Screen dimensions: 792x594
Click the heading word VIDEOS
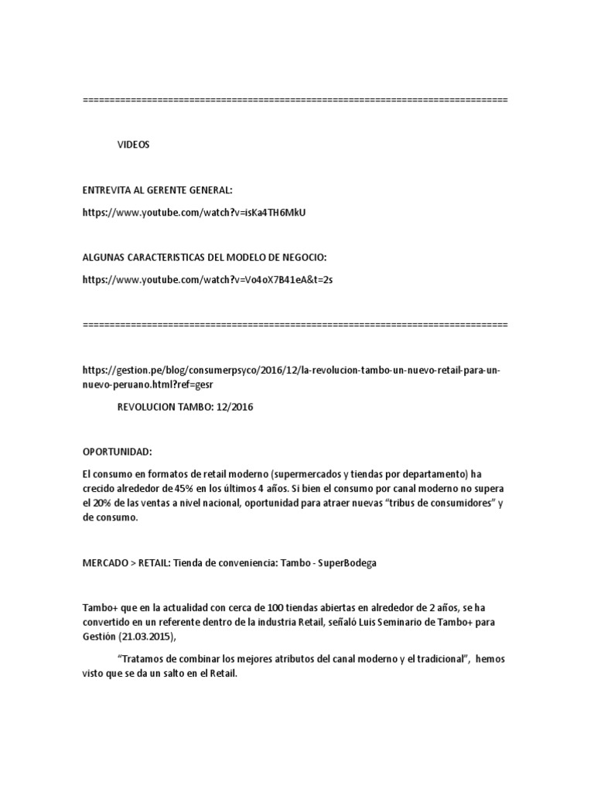coord(134,145)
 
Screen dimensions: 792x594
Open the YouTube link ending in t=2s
coord(207,279)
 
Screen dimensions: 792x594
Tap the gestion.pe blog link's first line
coord(291,370)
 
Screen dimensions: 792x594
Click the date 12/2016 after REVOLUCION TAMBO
coord(233,408)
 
